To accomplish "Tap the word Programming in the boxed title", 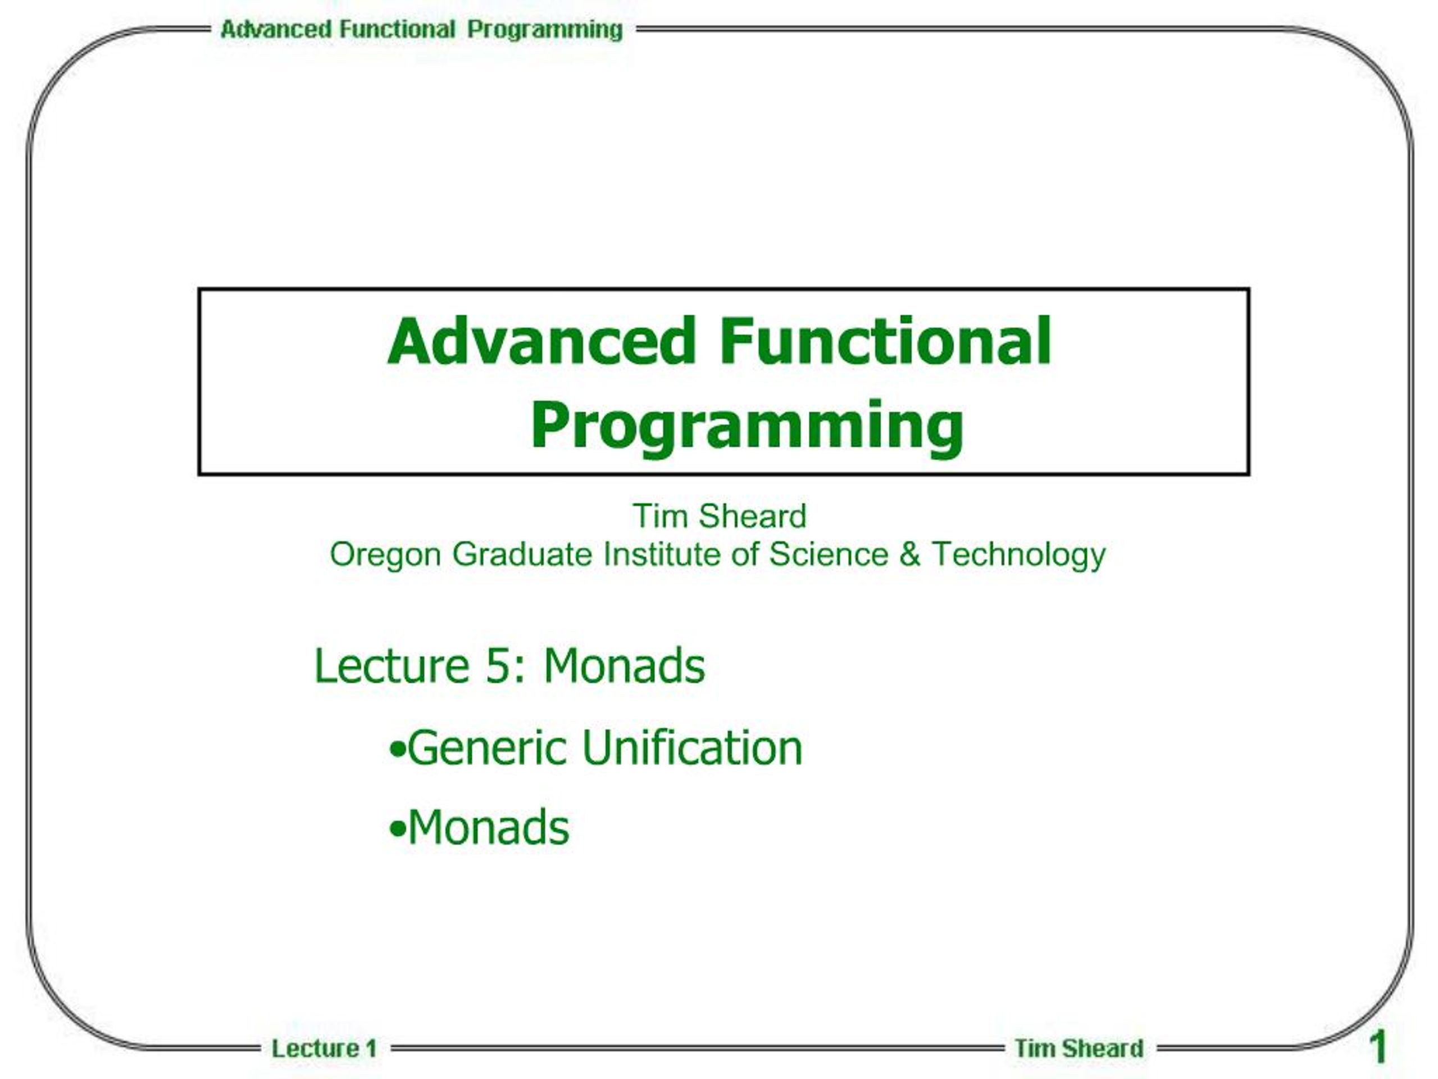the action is pos(747,426).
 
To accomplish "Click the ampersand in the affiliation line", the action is pos(910,554).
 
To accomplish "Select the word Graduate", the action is pos(522,554).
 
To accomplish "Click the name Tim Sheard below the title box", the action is pos(720,516).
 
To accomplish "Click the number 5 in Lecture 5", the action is pos(497,667).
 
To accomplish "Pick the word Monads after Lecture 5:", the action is pos(624,666).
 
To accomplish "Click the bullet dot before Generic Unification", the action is pos(397,750).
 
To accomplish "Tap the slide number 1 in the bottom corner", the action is pos(1377,1046).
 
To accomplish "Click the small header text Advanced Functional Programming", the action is pos(421,30).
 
